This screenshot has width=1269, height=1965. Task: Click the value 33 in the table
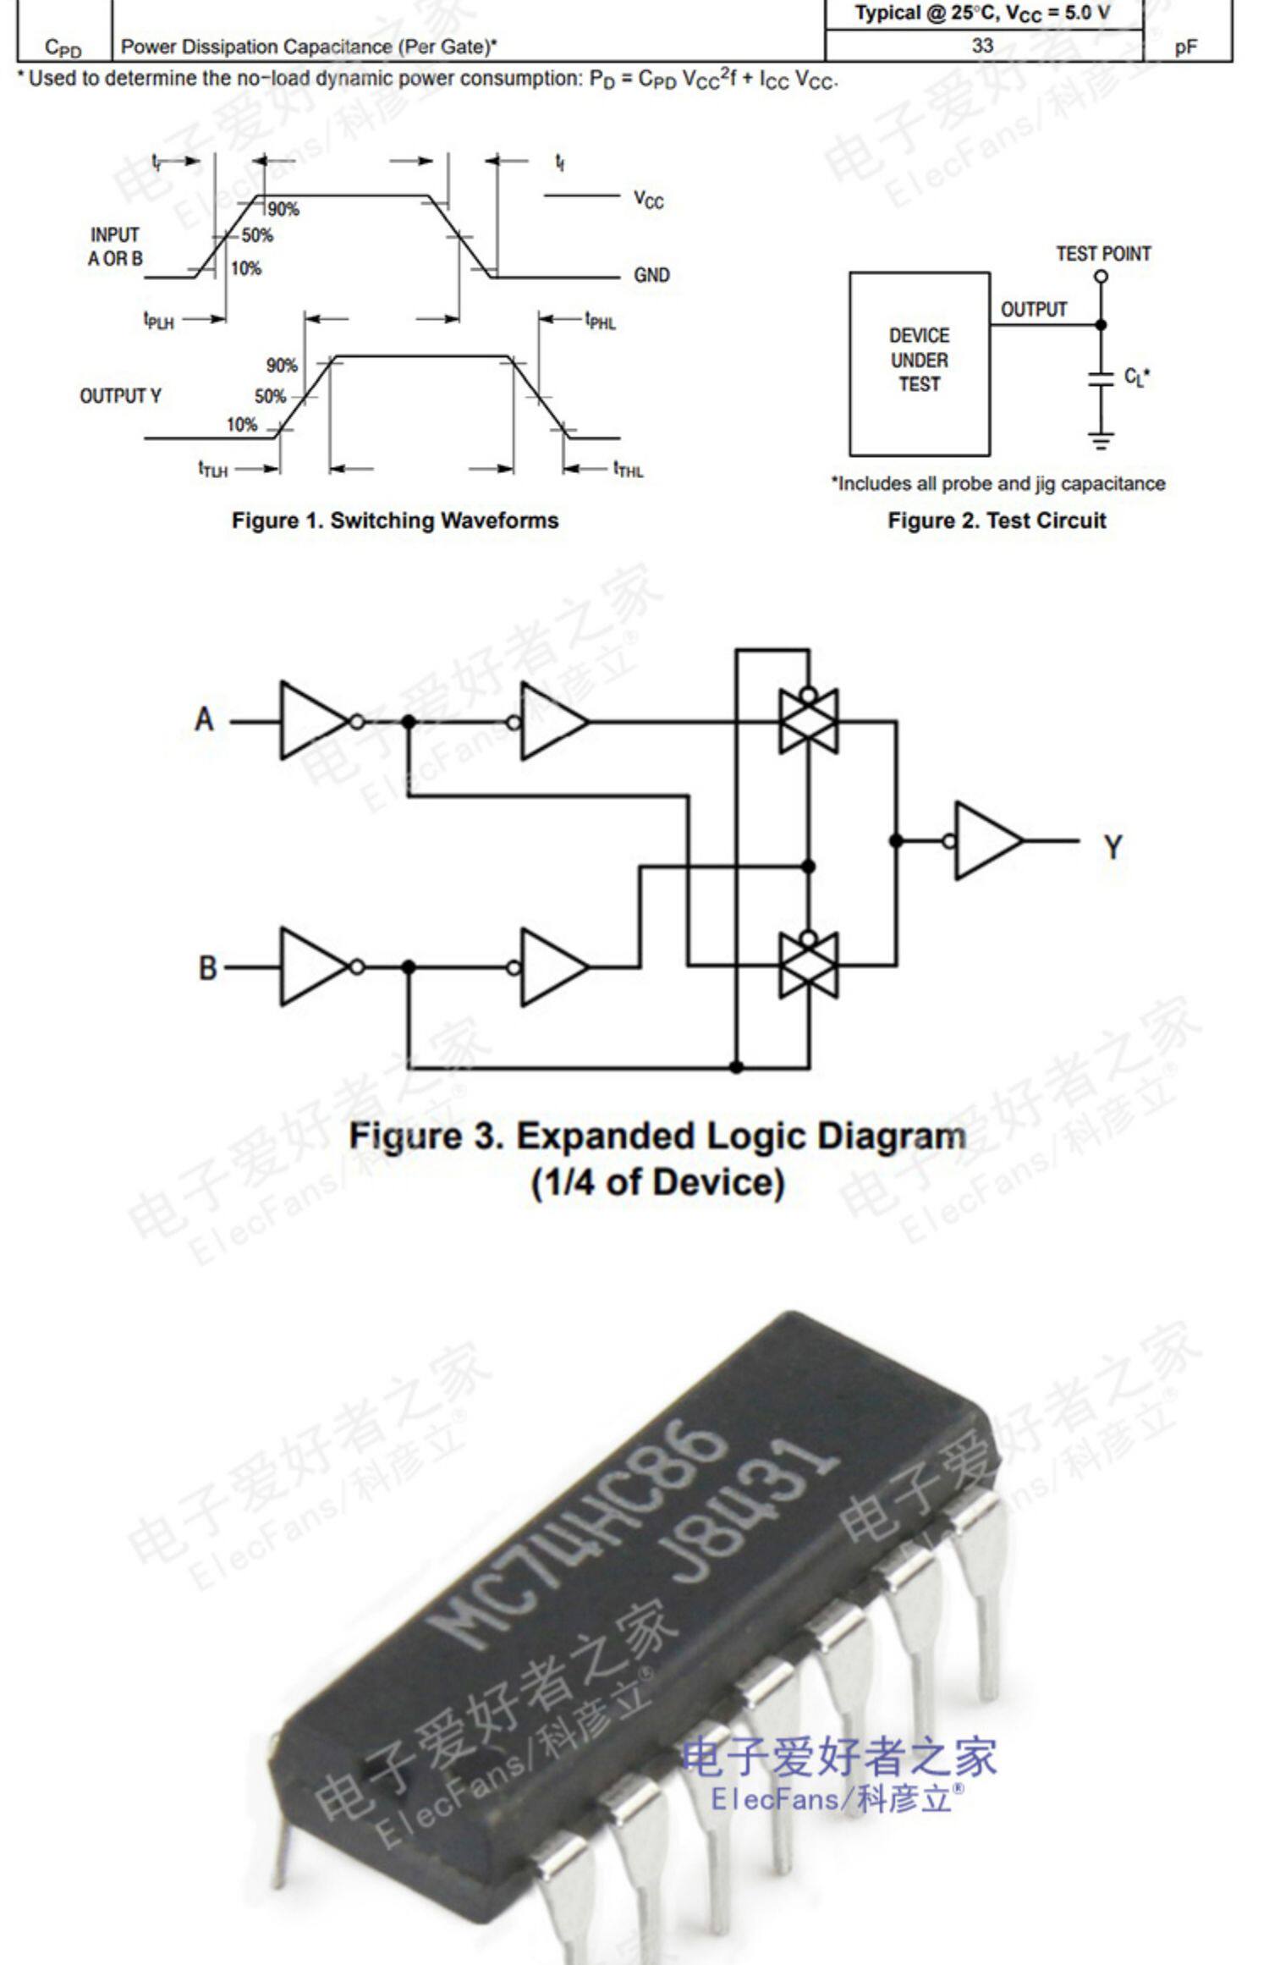pos(981,46)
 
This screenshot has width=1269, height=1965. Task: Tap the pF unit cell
pos(1185,47)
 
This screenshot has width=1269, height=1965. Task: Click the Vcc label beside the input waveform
pos(649,200)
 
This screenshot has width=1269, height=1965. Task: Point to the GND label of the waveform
pos(651,275)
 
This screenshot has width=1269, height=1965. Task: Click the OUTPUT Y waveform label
pos(120,396)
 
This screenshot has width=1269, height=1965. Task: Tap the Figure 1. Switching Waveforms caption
pos(395,520)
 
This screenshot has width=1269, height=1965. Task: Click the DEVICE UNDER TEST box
pos(920,363)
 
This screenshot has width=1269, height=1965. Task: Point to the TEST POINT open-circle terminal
pos(1101,277)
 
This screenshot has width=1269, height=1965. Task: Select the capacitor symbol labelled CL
pos(1101,377)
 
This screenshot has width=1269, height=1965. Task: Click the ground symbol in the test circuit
pos(1101,440)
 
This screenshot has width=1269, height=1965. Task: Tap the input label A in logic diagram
pos(204,720)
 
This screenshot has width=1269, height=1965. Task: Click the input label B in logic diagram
pos(207,967)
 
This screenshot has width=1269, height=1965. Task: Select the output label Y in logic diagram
pos(1112,846)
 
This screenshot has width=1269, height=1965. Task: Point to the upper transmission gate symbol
pos(808,721)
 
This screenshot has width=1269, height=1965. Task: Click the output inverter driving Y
pos(987,840)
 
